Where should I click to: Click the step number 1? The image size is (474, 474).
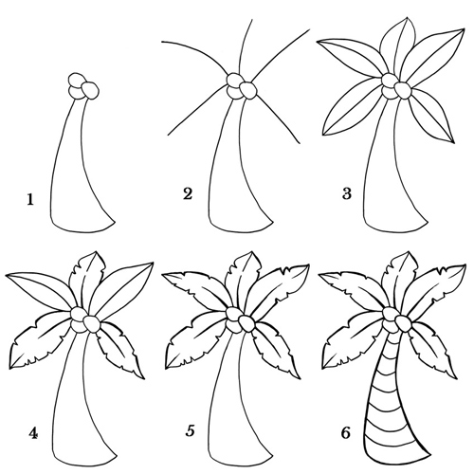(x=30, y=199)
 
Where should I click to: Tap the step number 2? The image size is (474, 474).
(x=188, y=193)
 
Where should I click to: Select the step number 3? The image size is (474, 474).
(x=347, y=193)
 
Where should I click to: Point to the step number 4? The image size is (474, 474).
(x=33, y=433)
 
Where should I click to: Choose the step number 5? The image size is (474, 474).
(x=190, y=430)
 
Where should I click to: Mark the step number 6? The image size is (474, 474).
(x=346, y=432)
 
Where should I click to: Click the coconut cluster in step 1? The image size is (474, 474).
(x=83, y=86)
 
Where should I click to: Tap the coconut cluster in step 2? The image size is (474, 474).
(x=242, y=86)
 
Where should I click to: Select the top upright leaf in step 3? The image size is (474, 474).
(x=398, y=45)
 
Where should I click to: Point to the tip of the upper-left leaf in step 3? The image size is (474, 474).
(x=318, y=42)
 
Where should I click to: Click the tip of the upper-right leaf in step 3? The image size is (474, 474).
(x=465, y=28)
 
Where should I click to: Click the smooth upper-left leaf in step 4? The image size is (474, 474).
(x=41, y=286)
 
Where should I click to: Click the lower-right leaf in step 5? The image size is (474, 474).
(x=278, y=348)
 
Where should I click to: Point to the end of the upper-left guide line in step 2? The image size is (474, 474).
(x=162, y=42)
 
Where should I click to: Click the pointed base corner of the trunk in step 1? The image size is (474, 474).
(x=115, y=222)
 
